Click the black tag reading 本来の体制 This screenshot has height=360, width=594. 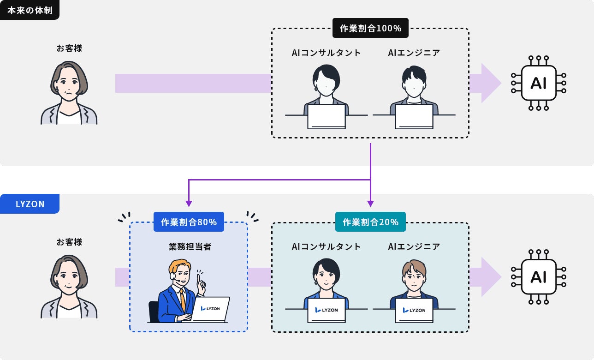point(30,10)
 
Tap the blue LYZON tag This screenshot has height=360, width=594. point(30,204)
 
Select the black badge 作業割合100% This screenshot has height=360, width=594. point(370,28)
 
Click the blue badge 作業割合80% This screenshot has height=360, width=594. point(189,222)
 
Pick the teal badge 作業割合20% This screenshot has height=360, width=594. point(370,222)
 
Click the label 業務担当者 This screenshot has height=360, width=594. point(190,247)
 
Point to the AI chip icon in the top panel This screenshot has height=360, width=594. point(538,83)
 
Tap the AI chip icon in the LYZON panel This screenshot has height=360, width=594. point(538,277)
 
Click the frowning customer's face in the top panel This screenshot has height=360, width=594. point(68,85)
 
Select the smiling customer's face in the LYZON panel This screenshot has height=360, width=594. point(68,279)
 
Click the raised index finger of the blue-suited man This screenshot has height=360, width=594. point(198,279)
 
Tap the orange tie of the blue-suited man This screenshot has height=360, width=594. point(183,300)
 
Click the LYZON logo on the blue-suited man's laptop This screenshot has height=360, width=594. point(210,308)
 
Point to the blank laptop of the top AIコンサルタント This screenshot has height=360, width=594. point(327,117)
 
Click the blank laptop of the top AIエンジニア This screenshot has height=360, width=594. point(414,117)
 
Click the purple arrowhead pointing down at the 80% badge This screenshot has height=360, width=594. point(189,204)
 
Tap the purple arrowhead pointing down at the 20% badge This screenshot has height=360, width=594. point(370,204)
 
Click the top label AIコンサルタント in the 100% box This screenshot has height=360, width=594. point(326,53)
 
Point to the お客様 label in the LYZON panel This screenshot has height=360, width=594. point(69,242)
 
